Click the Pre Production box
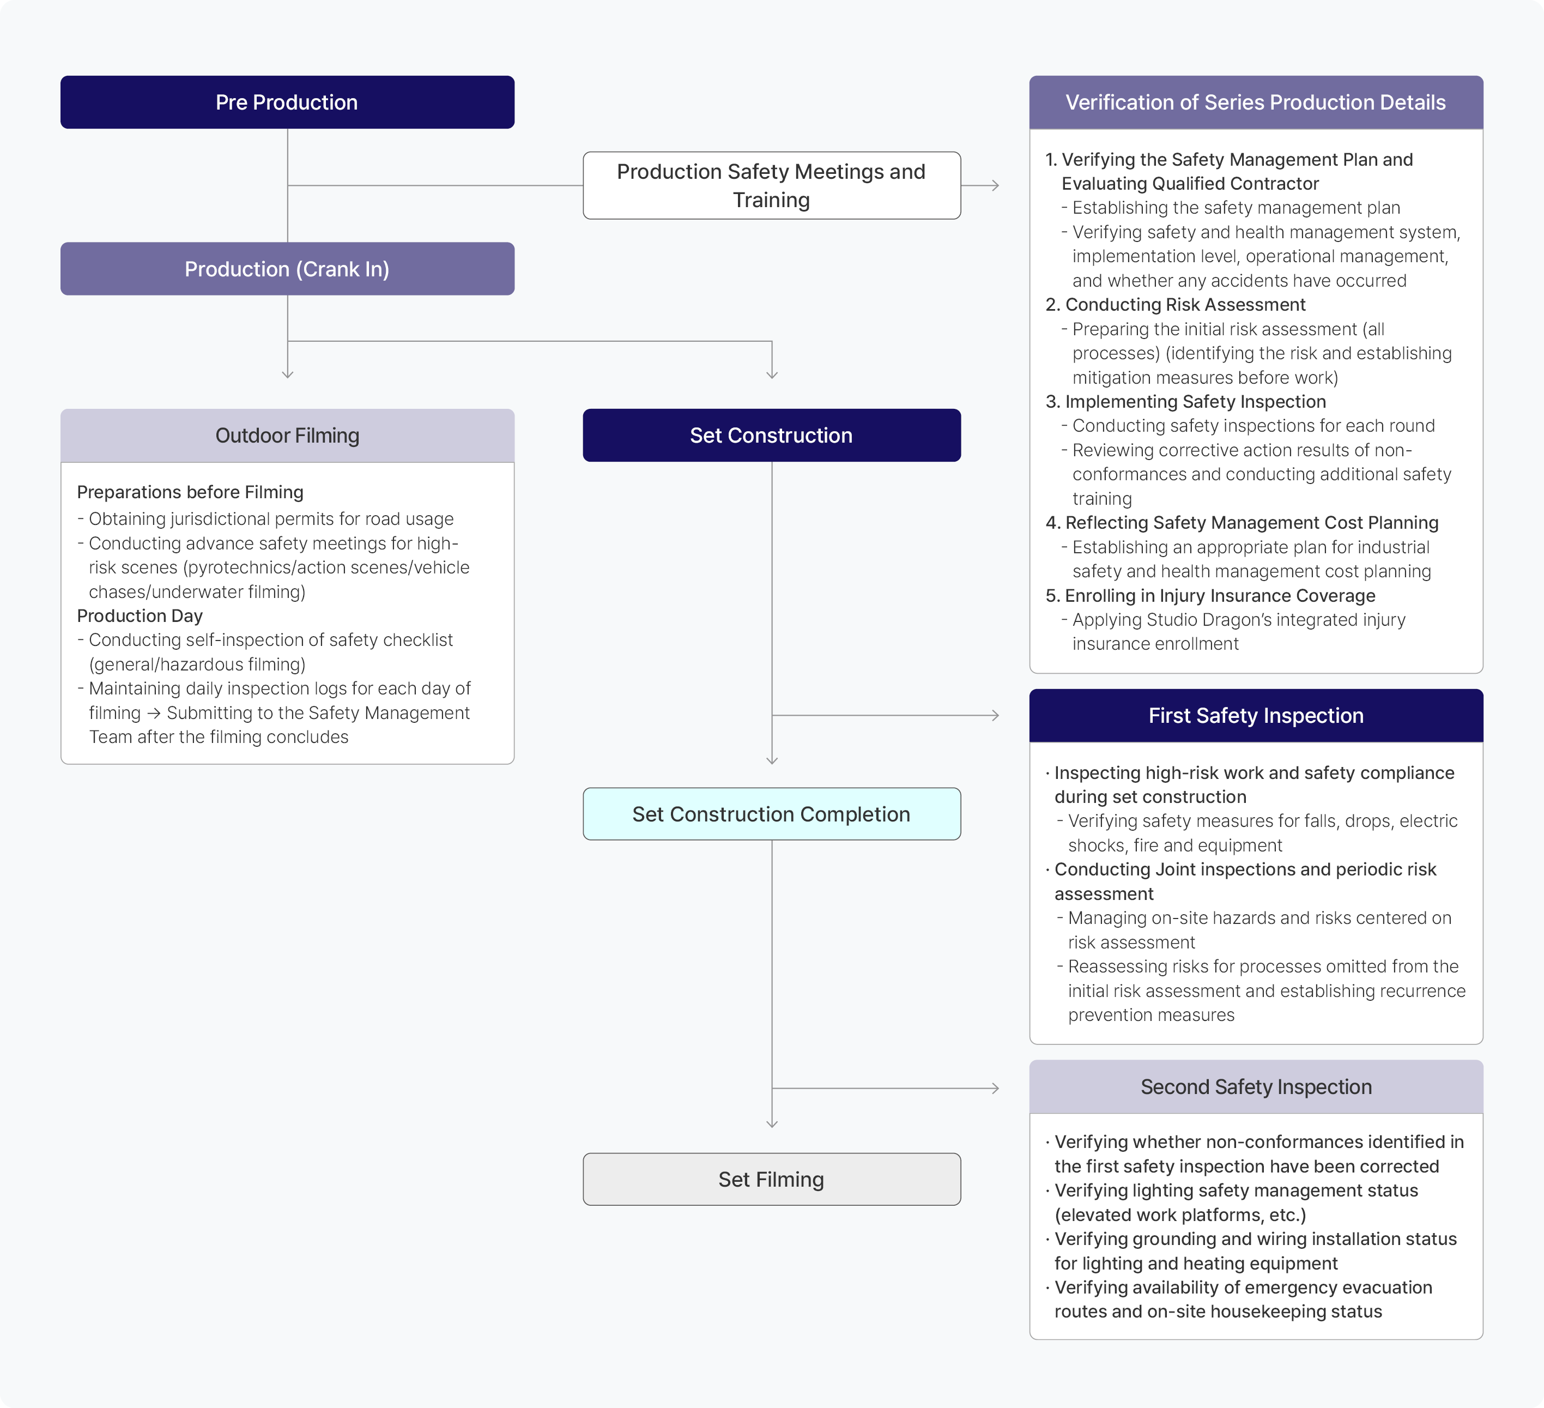point(287,102)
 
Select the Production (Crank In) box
point(287,269)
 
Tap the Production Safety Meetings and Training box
point(771,185)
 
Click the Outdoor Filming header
point(287,435)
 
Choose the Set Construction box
point(771,435)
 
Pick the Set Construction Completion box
point(771,813)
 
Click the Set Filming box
point(771,1179)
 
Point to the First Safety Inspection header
point(1256,716)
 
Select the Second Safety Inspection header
point(1256,1086)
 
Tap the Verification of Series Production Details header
point(1256,102)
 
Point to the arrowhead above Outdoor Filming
point(287,374)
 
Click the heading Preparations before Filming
point(190,492)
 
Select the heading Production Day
point(140,616)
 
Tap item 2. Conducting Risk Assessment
point(1176,304)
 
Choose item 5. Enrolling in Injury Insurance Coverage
point(1210,595)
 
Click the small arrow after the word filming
point(154,713)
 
